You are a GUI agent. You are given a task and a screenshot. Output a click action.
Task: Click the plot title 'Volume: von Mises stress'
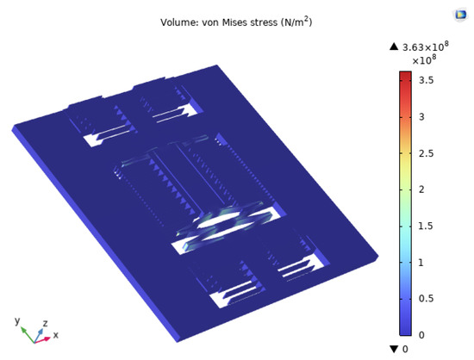click(x=219, y=22)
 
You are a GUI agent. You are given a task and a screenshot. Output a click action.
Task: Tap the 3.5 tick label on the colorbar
click(x=427, y=80)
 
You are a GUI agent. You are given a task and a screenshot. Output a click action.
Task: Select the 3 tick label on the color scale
click(x=421, y=117)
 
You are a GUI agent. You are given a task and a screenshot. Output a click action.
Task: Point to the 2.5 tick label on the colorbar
click(x=427, y=153)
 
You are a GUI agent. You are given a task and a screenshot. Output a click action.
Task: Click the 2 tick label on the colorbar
click(x=421, y=189)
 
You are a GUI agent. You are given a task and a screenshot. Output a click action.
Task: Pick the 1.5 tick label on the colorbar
click(x=426, y=227)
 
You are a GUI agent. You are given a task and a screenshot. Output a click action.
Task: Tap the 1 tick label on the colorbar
click(x=421, y=263)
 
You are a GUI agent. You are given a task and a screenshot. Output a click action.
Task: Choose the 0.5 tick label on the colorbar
click(x=427, y=299)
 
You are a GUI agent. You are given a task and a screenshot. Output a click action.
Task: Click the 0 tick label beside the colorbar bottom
click(x=421, y=335)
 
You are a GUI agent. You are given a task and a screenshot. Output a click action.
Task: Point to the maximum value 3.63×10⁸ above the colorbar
click(x=426, y=47)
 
